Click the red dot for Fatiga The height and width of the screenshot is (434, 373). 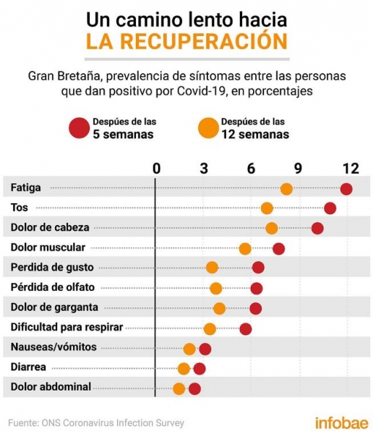click(346, 190)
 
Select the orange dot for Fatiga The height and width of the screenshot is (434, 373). click(286, 190)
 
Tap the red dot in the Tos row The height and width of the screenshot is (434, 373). click(330, 208)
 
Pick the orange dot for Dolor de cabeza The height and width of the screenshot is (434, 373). click(272, 229)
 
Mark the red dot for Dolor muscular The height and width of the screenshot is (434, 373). click(278, 249)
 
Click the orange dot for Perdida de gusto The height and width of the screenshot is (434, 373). click(213, 268)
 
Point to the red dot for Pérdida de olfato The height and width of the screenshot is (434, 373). click(257, 289)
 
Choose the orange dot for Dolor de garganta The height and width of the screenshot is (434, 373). click(220, 309)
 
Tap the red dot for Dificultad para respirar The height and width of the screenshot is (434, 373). click(246, 329)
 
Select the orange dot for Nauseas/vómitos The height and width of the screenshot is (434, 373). click(189, 349)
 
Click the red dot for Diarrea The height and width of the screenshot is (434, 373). click(200, 369)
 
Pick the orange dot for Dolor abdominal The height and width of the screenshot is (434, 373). click(179, 389)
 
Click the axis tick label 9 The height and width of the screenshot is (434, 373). click(298, 169)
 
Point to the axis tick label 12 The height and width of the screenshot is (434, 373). click(351, 169)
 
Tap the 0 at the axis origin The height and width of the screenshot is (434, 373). click(157, 169)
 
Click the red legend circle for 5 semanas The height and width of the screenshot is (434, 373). click(80, 128)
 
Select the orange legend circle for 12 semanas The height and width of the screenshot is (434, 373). click(208, 128)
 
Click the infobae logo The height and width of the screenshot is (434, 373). click(342, 423)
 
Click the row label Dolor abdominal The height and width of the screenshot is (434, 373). click(51, 387)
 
